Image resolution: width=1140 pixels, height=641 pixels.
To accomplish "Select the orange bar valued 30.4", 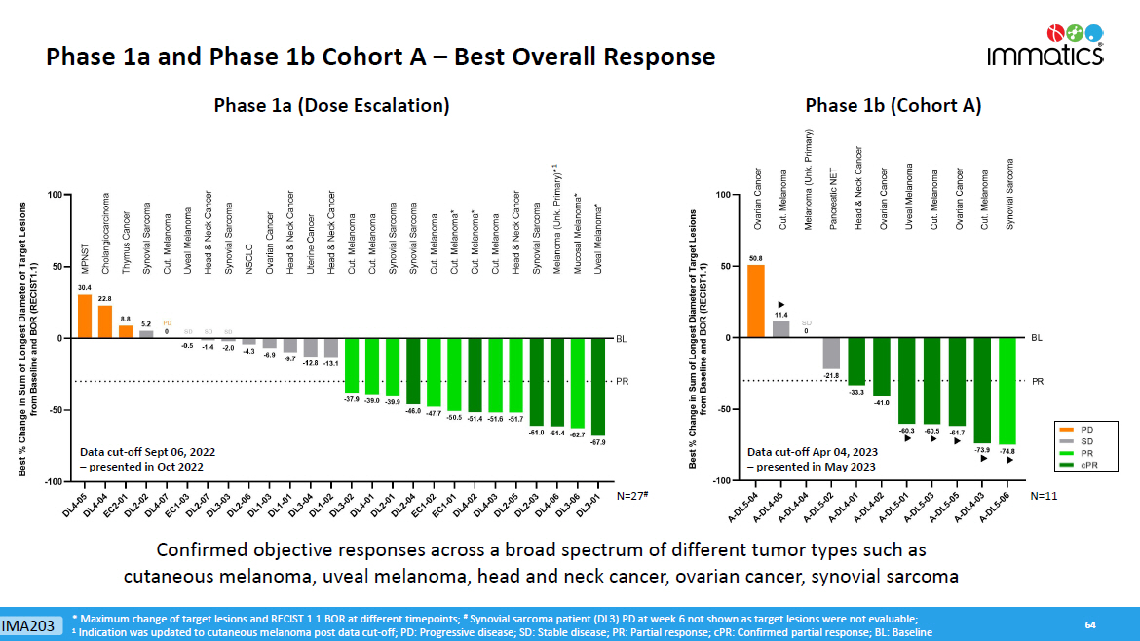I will tap(85, 316).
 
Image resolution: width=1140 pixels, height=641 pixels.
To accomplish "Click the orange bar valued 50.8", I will tap(756, 301).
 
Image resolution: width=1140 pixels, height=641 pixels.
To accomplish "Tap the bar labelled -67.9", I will tap(597, 386).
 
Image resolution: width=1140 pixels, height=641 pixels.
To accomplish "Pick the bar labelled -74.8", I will tap(1006, 391).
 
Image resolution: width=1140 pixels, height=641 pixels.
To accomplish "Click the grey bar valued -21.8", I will tap(831, 353).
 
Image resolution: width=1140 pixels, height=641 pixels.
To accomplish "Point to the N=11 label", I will tap(1044, 497).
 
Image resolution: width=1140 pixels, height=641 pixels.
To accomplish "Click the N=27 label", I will tap(633, 497).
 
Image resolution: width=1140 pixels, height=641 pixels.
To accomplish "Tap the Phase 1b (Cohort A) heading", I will tap(893, 106).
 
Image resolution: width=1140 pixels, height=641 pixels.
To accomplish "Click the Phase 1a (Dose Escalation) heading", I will tap(331, 106).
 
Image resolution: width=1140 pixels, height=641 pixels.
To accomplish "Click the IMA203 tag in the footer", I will tap(27, 624).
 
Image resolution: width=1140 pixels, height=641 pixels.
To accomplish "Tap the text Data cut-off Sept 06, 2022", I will tap(147, 452).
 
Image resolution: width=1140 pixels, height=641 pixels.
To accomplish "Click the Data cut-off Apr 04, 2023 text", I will tap(812, 452).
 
